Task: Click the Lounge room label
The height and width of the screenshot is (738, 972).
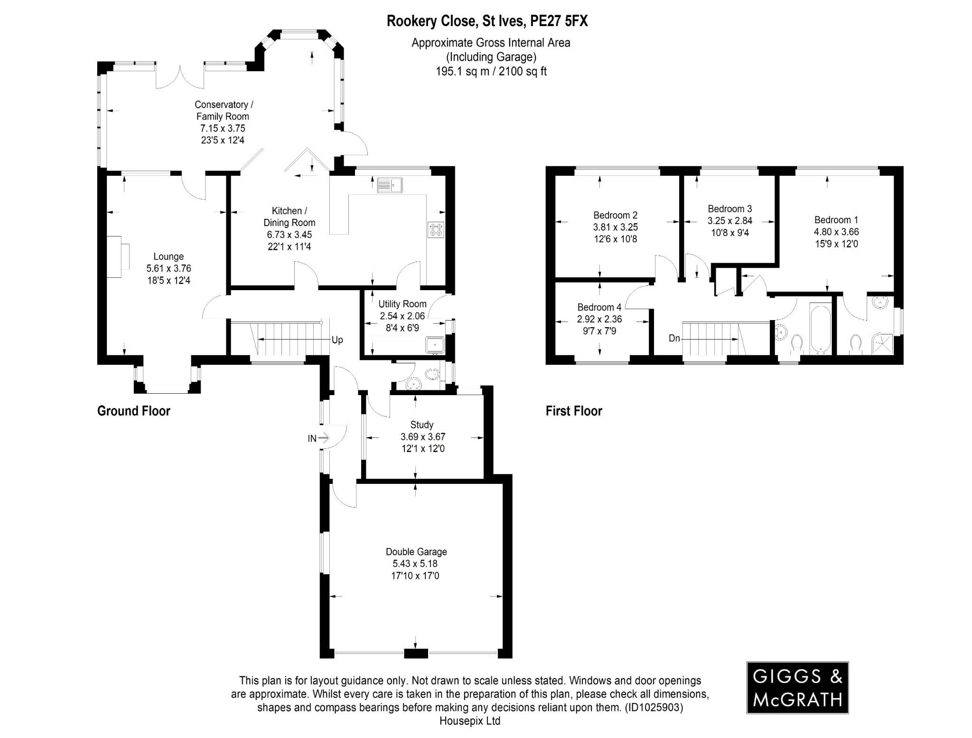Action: pos(168,257)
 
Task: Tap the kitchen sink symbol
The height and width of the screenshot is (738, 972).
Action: pos(390,185)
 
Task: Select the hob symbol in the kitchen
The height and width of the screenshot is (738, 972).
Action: pos(436,230)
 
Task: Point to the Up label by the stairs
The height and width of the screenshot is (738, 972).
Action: pos(337,340)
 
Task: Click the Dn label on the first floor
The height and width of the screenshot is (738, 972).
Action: pos(674,338)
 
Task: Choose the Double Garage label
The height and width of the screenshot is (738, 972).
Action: pos(416,552)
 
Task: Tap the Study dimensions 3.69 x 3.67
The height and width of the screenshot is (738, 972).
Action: pos(422,437)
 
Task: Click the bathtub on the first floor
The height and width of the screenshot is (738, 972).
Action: pos(821,329)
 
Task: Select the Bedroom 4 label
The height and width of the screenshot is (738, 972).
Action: pos(599,307)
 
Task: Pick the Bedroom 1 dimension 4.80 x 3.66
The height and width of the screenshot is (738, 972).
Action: pos(836,232)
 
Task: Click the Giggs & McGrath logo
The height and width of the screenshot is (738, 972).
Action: pos(797,688)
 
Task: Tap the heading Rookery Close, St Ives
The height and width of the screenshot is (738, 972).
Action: pos(487,21)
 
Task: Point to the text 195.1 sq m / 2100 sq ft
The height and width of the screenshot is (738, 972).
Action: pos(491,72)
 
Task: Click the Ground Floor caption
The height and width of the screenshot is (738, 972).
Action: pos(133,411)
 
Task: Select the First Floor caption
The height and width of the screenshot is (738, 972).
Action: pos(573,411)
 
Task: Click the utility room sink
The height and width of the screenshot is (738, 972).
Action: pos(435,345)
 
